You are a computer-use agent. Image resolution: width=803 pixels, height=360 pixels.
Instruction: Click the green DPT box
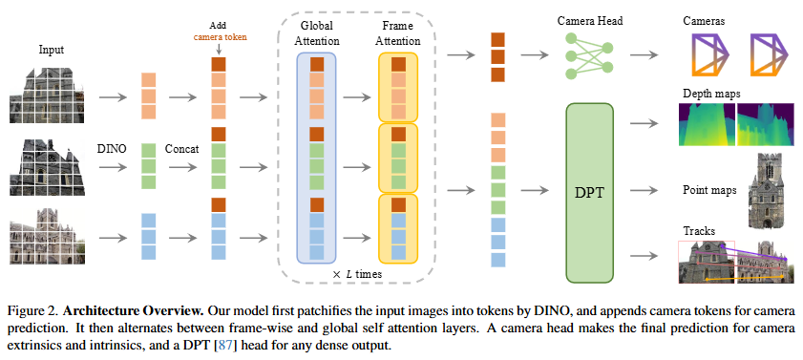pyautogui.click(x=589, y=193)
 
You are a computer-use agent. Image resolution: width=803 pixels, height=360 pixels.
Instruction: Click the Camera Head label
pyautogui.click(x=590, y=22)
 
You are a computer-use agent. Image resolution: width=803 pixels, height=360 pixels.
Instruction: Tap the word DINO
pyautogui.click(x=112, y=149)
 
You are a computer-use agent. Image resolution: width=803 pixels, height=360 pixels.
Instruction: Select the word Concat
pyautogui.click(x=181, y=149)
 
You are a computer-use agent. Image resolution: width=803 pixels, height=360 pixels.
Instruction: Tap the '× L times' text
pyautogui.click(x=357, y=274)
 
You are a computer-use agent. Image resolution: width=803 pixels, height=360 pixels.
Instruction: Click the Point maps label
pyautogui.click(x=709, y=190)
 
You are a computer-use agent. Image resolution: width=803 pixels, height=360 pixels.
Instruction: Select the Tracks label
pyautogui.click(x=699, y=231)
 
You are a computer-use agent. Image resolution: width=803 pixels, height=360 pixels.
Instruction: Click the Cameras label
pyautogui.click(x=704, y=22)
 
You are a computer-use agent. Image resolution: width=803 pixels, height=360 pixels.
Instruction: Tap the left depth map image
pyautogui.click(x=707, y=124)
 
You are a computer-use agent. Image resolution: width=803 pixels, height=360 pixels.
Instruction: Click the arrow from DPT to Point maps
pyautogui.click(x=644, y=190)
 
